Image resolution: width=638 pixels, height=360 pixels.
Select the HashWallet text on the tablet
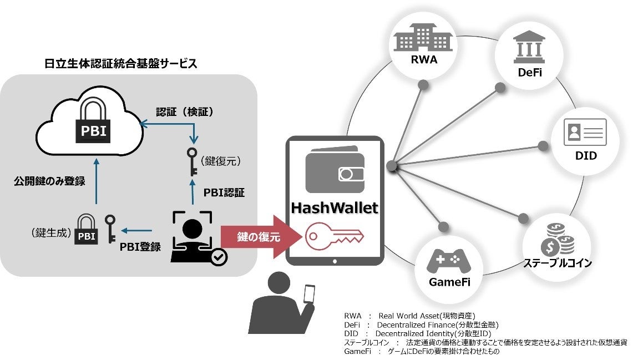[x=335, y=208]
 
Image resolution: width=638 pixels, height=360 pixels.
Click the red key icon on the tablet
[x=334, y=236]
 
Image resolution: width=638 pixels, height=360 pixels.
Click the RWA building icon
[x=423, y=37]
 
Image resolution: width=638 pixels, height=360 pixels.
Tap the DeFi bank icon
[x=529, y=47]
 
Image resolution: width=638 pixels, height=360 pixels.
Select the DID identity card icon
[x=585, y=132]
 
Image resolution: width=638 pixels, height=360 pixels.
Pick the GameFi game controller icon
[x=448, y=261]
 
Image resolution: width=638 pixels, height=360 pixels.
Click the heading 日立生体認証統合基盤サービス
[x=120, y=63]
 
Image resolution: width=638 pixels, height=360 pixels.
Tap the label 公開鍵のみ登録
[x=49, y=181]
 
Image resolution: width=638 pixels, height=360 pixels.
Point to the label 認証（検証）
[x=185, y=112]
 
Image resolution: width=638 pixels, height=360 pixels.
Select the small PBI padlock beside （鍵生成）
[x=86, y=230]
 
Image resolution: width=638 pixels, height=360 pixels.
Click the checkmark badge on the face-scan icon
[x=219, y=257]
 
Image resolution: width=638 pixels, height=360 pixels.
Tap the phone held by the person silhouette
[x=310, y=293]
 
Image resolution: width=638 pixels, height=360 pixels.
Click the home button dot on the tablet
[x=335, y=262]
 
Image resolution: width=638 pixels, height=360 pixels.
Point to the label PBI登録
[x=140, y=246]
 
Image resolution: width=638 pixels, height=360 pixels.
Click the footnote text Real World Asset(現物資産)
[x=427, y=316]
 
